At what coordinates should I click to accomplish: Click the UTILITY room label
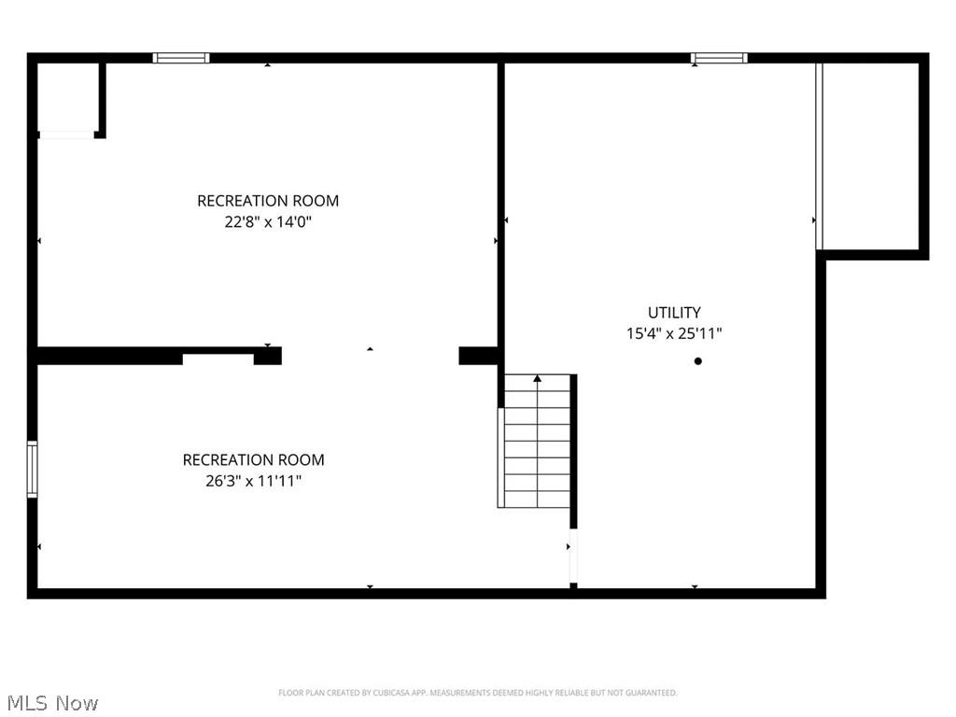(x=674, y=313)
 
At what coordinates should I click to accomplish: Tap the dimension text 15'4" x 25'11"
(x=674, y=333)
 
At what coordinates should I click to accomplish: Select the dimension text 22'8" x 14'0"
(x=267, y=222)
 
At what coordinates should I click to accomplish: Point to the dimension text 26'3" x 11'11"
(x=253, y=482)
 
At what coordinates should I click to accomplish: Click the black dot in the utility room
(x=697, y=361)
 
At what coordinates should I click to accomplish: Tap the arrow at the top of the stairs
(x=537, y=378)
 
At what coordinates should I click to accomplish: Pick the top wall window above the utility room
(x=719, y=58)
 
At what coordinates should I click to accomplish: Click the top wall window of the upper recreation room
(x=181, y=58)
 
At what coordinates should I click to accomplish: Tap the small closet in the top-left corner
(x=67, y=98)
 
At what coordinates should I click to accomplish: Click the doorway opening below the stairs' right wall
(x=573, y=557)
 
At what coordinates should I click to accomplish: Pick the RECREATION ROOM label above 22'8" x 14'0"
(x=267, y=201)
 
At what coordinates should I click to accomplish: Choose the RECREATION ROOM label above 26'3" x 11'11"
(x=253, y=459)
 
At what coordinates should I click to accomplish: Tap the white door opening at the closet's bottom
(x=66, y=135)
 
